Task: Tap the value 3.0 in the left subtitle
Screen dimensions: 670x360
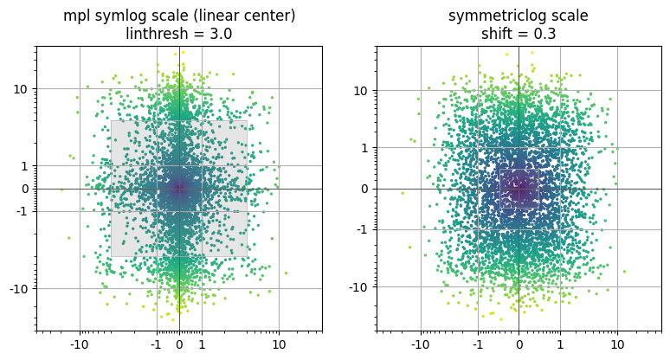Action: pos(221,33)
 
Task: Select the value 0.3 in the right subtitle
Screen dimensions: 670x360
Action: pos(544,33)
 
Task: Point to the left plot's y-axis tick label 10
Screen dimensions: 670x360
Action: pos(21,89)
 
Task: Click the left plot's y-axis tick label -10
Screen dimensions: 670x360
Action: pos(19,289)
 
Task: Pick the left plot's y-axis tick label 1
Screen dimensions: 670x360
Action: pos(24,166)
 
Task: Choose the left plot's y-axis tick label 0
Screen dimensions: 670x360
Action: pos(24,189)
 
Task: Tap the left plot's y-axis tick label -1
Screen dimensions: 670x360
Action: pos(22,211)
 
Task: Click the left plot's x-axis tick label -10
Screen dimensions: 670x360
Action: pos(79,344)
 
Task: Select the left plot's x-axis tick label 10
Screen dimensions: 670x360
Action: pos(279,344)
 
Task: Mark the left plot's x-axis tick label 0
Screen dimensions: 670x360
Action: pos(179,344)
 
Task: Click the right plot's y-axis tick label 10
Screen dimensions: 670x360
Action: pos(361,91)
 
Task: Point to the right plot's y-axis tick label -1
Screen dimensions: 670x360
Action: pos(362,229)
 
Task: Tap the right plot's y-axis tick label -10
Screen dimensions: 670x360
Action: pos(359,287)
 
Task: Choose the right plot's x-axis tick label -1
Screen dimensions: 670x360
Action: pos(478,344)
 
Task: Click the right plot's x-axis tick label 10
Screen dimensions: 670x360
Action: pos(617,344)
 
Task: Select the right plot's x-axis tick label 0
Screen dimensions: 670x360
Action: pos(519,344)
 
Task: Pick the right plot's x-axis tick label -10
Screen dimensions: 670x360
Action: pos(421,344)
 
